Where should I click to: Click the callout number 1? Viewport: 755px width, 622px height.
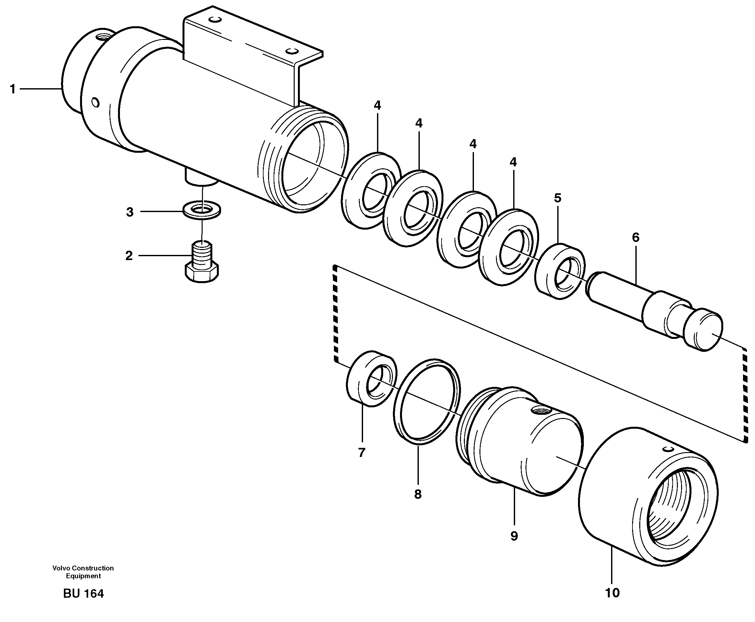click(13, 89)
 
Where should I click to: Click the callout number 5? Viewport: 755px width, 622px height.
click(557, 198)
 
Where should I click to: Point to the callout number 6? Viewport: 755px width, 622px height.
click(635, 237)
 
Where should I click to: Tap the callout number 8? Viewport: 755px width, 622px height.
click(418, 494)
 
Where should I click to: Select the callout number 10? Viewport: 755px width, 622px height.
click(612, 592)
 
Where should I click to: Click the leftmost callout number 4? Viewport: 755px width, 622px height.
click(377, 105)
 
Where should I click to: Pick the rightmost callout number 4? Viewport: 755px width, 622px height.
click(513, 162)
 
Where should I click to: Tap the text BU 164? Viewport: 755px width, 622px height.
click(83, 594)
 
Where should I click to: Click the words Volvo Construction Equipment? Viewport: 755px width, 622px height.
click(83, 572)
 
